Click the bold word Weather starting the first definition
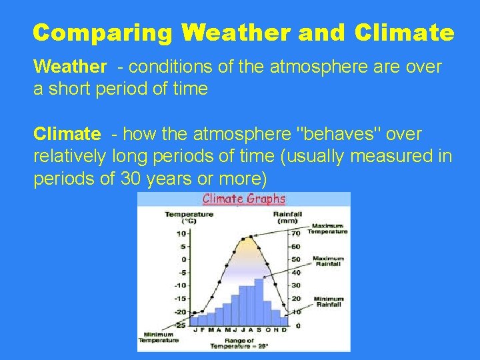69,67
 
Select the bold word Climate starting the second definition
66,134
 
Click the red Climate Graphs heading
243,199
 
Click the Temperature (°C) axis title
189,217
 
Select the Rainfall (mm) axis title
289,217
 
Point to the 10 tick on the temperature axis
181,233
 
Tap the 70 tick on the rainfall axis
295,233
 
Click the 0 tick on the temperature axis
183,259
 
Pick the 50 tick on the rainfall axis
295,259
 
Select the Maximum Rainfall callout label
328,261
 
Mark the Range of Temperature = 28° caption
239,344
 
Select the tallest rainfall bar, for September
259,300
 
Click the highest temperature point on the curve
251,237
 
